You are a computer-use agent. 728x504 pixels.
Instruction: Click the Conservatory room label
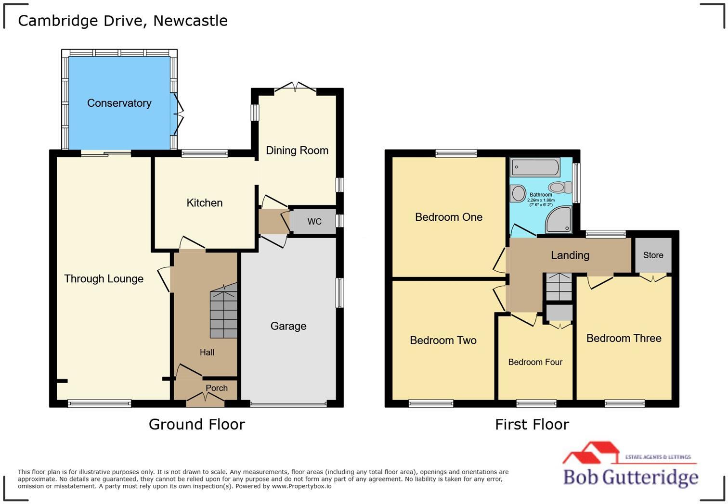point(119,103)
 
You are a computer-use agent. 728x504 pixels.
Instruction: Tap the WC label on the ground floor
point(314,221)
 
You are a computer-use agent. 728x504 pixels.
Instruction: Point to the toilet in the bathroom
point(560,187)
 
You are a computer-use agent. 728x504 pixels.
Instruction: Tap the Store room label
point(653,255)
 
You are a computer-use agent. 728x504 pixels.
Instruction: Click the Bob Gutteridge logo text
point(631,478)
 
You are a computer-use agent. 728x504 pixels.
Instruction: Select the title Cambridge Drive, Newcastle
point(122,21)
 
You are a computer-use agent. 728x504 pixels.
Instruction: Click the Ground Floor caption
point(196,425)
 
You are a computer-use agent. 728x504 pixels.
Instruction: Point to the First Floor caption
point(532,425)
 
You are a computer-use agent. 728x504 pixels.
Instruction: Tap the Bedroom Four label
point(535,362)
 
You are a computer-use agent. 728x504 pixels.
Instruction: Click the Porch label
point(217,388)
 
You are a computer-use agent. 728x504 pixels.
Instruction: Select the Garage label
point(288,326)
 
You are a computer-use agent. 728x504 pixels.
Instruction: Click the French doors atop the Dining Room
point(295,87)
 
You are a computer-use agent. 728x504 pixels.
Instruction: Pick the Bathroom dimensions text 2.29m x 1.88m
point(541,200)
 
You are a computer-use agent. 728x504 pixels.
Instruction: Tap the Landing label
point(570,255)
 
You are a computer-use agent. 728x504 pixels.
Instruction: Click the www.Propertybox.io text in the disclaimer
point(301,486)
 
